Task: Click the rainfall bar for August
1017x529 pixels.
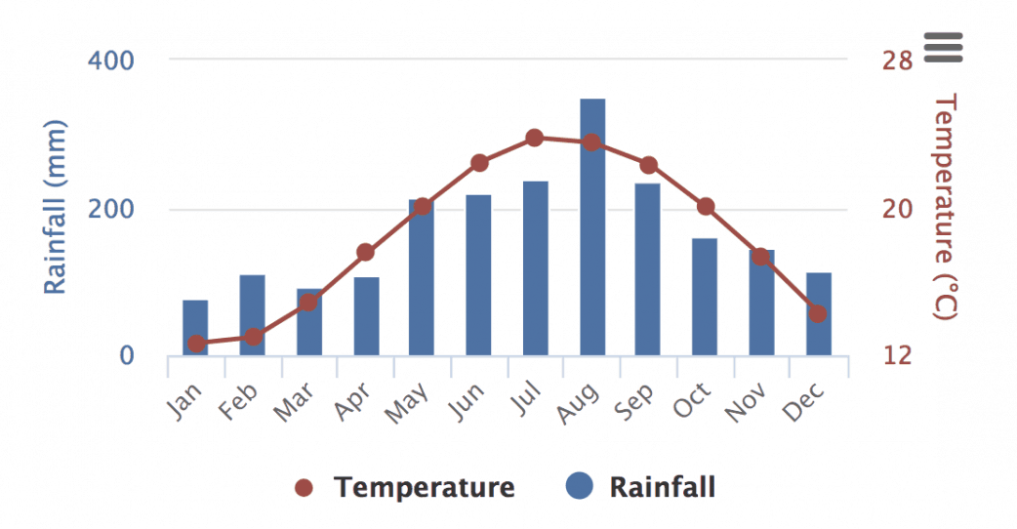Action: point(592,226)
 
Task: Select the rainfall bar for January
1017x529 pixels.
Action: point(195,328)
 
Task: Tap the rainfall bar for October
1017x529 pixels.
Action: point(705,297)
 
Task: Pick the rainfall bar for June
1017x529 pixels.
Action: point(478,275)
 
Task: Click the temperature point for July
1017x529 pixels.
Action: point(534,138)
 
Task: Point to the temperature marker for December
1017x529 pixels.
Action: point(818,313)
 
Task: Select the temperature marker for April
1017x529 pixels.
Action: point(365,252)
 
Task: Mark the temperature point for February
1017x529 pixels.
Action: point(253,337)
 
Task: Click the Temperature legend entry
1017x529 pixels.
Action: point(405,487)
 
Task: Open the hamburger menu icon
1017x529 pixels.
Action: point(944,46)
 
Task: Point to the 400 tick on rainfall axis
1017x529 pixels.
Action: point(111,60)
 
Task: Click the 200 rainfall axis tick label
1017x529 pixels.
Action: point(111,210)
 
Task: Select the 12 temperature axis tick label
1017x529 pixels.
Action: point(897,356)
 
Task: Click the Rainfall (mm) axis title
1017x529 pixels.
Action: point(56,207)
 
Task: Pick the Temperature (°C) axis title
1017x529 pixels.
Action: point(945,207)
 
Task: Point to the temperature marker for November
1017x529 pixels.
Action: point(761,257)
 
